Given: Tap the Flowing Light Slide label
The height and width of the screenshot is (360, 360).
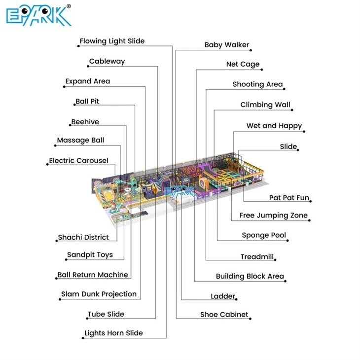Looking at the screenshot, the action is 112,41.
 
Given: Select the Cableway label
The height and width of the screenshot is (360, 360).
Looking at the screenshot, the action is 107,61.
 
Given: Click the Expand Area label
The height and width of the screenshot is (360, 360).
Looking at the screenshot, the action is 88,81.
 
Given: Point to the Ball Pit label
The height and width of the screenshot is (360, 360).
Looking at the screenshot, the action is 87,101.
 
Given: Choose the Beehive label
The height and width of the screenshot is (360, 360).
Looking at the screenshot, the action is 85,122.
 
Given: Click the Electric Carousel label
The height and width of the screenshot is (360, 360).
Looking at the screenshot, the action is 78,160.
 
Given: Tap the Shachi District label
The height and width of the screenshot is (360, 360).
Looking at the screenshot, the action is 83,237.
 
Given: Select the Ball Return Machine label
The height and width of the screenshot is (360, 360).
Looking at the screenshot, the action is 93,275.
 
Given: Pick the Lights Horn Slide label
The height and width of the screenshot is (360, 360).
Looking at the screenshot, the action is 113,333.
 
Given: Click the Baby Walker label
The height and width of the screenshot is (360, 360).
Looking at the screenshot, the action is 227,45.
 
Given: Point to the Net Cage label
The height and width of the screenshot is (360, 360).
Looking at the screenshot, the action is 243,64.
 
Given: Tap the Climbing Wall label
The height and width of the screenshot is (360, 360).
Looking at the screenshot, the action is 265,105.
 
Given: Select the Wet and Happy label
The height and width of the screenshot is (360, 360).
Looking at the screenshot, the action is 274,126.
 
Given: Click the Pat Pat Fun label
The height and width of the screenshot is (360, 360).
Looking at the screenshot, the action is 289,198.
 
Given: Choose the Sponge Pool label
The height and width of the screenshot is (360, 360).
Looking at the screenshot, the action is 264,235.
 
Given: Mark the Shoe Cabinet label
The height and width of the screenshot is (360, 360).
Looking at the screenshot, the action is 224,314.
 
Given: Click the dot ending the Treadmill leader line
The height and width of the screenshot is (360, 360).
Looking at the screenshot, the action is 275,260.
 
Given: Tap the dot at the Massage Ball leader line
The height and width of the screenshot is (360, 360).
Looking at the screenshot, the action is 55,145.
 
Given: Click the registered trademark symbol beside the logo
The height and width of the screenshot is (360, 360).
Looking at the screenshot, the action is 69,6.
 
